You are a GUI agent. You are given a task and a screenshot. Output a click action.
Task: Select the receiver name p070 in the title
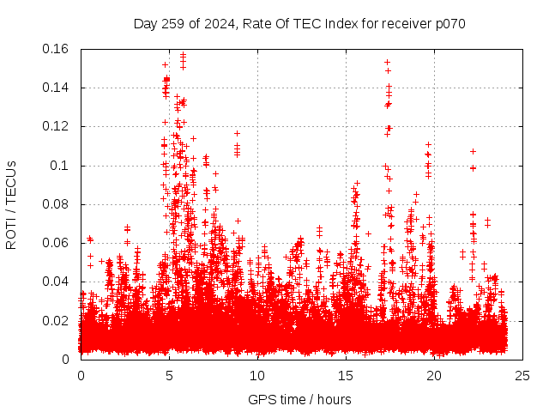pos(448,24)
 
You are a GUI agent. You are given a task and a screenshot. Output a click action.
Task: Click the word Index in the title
pos(339,24)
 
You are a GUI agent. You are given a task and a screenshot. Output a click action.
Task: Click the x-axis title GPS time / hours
pos(299,399)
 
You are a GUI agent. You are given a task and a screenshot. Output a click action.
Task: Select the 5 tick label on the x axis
pos(170,375)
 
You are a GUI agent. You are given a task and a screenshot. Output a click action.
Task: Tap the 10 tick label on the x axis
pos(257,375)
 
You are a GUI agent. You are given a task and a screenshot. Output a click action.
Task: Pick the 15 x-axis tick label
pos(346,375)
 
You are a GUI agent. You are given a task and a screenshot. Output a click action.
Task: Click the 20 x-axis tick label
pos(434,375)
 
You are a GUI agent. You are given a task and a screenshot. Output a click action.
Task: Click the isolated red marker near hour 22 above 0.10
pos(473,152)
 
